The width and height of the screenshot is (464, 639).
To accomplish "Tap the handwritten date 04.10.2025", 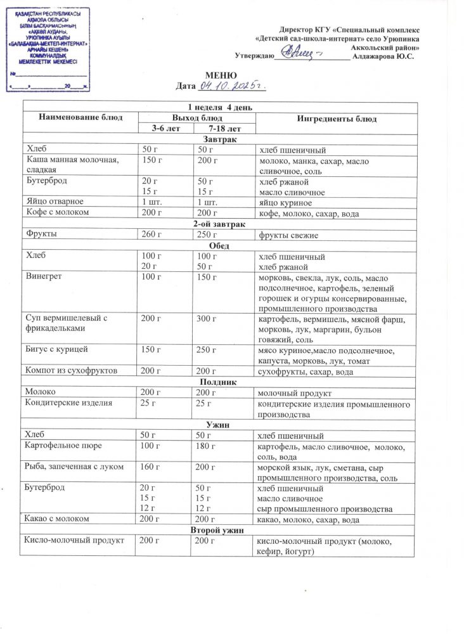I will coord(231,85).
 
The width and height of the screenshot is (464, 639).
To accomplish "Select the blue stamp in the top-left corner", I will coord(48,49).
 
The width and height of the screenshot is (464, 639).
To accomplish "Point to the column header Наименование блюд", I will coord(81,117).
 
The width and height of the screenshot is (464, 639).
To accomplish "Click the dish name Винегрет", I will coord(42,278).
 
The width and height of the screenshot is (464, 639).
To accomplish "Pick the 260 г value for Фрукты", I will coord(151,235).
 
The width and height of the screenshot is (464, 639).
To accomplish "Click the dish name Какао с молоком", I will coord(57,519).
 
